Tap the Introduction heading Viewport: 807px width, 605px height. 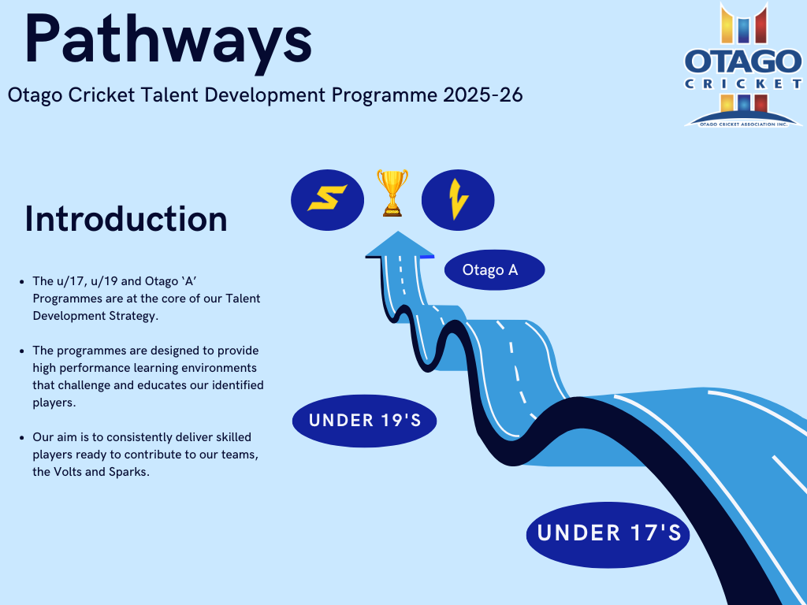click(126, 219)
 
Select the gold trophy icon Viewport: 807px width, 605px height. click(392, 192)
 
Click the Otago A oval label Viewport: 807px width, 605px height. click(495, 269)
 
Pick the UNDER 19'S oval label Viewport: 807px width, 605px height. click(364, 421)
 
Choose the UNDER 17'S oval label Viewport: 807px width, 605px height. click(608, 535)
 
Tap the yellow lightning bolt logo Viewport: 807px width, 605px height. click(458, 199)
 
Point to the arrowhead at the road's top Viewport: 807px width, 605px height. click(400, 244)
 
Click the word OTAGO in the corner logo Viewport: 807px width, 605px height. click(742, 61)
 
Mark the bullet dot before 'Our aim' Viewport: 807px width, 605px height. click(21, 438)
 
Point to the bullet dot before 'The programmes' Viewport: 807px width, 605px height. click(21, 351)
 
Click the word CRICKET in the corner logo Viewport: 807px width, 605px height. click(742, 84)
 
